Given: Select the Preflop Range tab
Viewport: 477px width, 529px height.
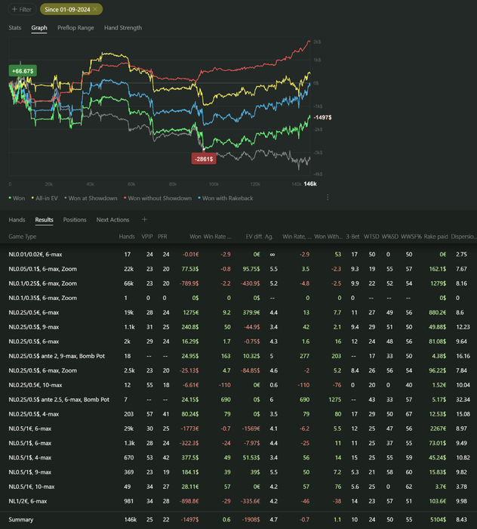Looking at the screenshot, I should pos(75,28).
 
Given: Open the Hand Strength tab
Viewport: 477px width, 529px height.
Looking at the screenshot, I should pos(123,28).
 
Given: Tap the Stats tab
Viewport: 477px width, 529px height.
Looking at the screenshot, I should pos(15,28).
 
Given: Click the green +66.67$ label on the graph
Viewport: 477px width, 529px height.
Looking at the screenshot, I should pos(21,70).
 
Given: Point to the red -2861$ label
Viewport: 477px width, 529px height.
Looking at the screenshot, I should pos(204,159).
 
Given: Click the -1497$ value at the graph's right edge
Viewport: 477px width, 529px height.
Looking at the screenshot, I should pos(322,118).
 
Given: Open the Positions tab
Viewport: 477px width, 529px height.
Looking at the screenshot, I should pos(75,220).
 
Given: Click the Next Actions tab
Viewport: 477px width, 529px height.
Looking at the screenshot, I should pos(112,220).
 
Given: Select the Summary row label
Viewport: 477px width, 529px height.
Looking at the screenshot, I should pos(21,519).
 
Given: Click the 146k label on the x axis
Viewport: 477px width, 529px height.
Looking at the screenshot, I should pos(309,184).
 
